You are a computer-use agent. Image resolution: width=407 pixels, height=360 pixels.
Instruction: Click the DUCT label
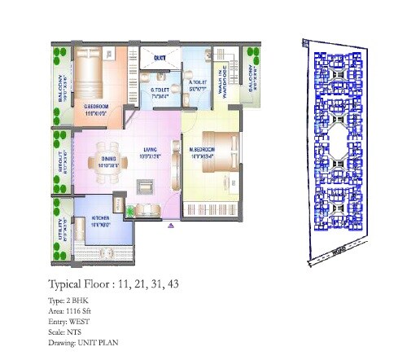tap(159, 58)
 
